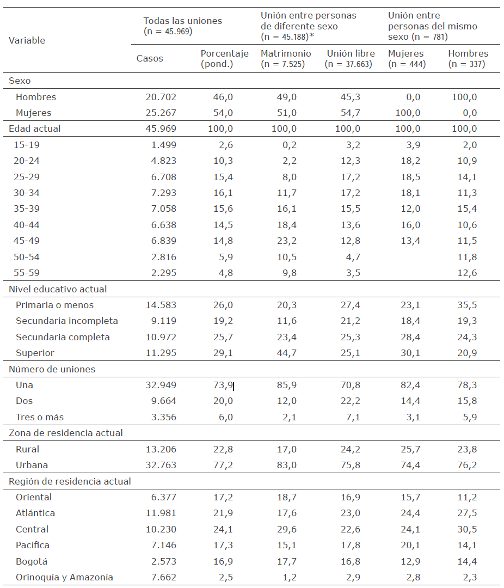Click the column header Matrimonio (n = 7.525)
(286, 59)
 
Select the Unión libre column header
(351, 59)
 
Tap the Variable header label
(27, 40)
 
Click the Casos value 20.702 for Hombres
(161, 97)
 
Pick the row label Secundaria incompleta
(67, 321)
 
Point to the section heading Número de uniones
(52, 369)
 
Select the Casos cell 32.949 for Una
(161, 385)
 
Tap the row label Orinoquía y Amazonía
(65, 577)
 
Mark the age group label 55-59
(28, 273)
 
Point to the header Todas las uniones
(183, 21)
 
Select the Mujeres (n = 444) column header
(406, 59)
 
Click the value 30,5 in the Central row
(467, 529)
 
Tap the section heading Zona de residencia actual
(66, 433)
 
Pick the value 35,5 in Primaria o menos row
(467, 305)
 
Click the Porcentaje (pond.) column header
(224, 59)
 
